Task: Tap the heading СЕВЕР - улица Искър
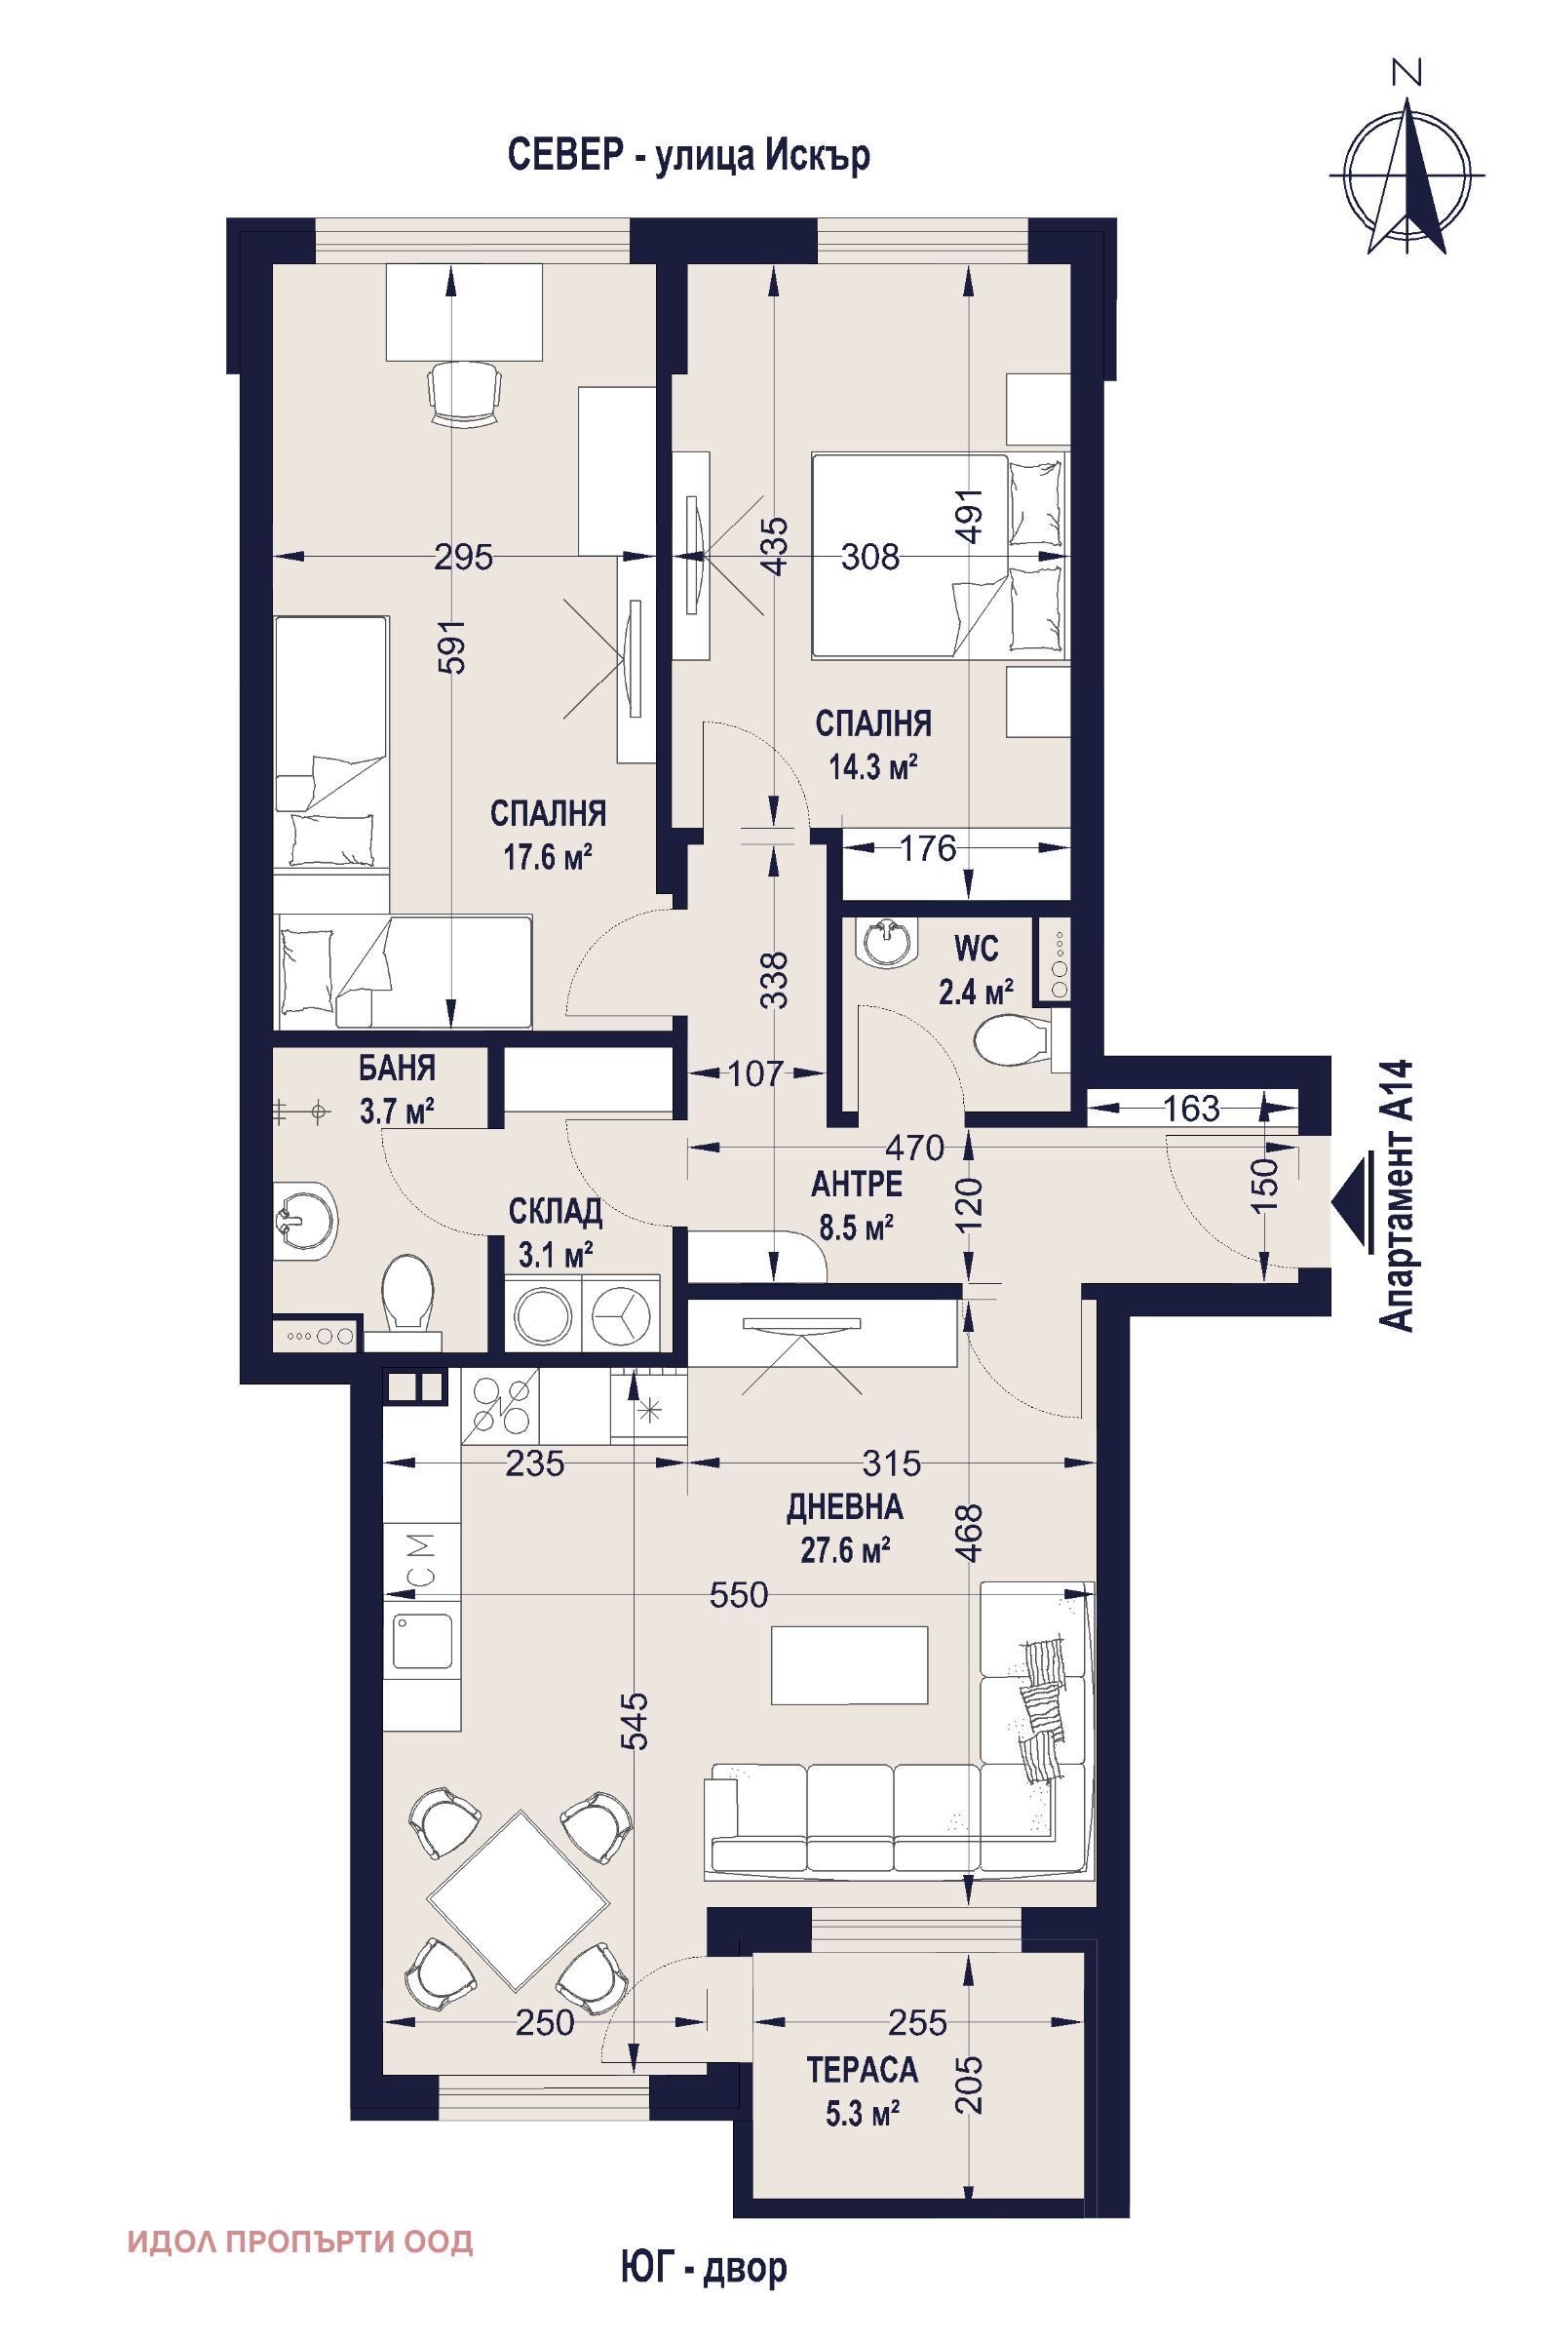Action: click(x=688, y=155)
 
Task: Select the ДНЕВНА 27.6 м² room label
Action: click(x=845, y=1529)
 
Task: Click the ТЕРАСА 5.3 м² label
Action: click(x=863, y=2092)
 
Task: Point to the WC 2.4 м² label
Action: click(x=976, y=970)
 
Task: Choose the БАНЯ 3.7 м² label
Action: click(x=397, y=1090)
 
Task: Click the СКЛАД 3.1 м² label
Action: click(x=555, y=1232)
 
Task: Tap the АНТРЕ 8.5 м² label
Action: click(x=857, y=1206)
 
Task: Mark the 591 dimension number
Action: click(x=451, y=646)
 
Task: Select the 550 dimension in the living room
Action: click(x=739, y=1594)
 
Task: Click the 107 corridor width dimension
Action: click(x=755, y=1073)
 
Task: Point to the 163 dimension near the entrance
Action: click(x=1191, y=1109)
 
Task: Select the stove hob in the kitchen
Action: click(x=501, y=1405)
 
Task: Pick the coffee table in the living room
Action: click(x=850, y=1664)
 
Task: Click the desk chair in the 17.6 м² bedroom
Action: click(x=465, y=394)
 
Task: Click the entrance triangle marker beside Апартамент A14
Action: click(x=1352, y=1202)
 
